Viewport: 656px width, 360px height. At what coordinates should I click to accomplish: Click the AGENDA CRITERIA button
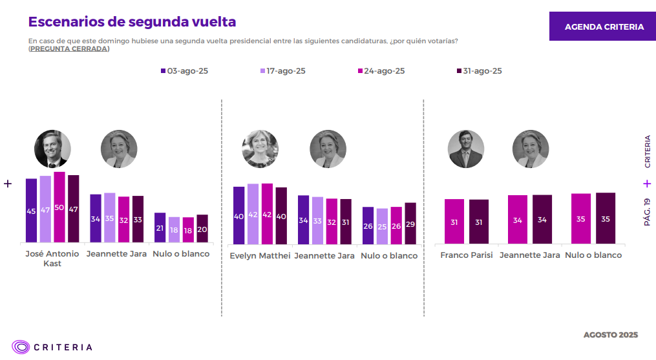604,26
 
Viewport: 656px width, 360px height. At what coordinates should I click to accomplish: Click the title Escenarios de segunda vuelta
132,22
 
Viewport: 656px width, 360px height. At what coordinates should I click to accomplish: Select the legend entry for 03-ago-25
184,71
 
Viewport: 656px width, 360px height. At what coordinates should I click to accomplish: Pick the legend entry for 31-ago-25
479,71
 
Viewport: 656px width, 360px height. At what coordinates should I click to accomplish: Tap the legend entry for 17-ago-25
283,71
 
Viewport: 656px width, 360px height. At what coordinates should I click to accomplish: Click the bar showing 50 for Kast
59,207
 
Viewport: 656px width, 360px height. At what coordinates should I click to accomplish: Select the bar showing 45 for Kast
31,211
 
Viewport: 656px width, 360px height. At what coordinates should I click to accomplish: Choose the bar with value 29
410,224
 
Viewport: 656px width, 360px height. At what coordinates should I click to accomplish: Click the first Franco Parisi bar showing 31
454,222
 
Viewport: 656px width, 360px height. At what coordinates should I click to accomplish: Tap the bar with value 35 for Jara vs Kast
110,218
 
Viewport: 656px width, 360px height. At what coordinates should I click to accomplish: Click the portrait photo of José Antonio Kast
52,149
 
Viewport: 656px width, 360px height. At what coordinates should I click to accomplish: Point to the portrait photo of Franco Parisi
466,149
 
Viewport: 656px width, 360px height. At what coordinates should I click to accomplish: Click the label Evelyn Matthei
259,256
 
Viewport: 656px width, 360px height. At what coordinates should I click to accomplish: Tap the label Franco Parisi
467,255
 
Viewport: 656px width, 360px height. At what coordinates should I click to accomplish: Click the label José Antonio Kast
52,259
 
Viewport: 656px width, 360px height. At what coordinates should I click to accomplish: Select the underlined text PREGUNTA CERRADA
69,49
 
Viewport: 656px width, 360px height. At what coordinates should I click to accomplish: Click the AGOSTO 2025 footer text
610,335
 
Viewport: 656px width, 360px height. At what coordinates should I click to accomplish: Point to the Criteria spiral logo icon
21,347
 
